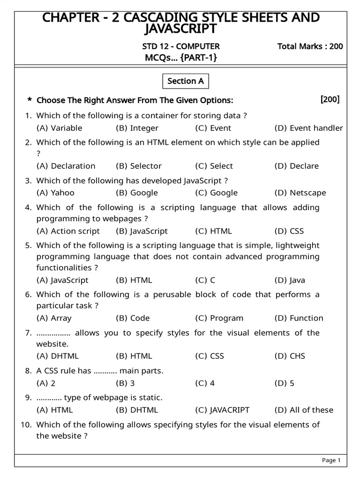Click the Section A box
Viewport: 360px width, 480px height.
click(x=186, y=81)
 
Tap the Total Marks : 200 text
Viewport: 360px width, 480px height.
click(x=310, y=46)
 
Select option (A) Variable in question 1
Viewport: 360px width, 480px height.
click(x=59, y=128)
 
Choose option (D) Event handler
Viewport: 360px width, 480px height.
click(x=308, y=128)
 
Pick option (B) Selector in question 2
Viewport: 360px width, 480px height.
click(x=138, y=166)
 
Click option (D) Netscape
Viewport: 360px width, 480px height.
click(x=300, y=193)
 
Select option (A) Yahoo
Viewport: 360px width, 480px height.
click(x=55, y=193)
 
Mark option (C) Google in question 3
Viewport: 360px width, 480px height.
click(x=216, y=193)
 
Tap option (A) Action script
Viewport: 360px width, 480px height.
click(x=68, y=231)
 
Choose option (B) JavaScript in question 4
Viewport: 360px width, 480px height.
click(x=142, y=231)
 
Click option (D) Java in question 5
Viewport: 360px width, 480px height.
click(x=290, y=280)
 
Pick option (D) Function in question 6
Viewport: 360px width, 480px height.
click(x=299, y=318)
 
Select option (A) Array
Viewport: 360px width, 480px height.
click(x=54, y=318)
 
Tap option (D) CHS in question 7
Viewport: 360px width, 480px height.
click(x=290, y=356)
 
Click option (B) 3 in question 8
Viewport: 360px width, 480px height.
click(x=125, y=383)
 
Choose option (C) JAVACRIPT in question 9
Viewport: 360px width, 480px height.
click(x=222, y=410)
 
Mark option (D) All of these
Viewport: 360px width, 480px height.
click(x=304, y=410)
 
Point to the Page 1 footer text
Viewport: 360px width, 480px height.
click(x=331, y=460)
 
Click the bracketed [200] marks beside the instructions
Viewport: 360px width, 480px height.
click(x=330, y=99)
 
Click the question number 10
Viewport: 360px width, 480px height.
click(x=26, y=425)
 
